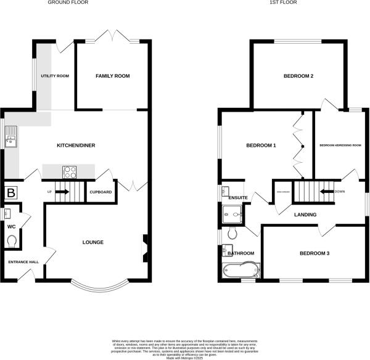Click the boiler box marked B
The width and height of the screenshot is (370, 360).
10,194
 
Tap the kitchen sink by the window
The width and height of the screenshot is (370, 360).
10,139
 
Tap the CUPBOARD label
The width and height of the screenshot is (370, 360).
101,192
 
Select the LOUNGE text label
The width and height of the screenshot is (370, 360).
92,242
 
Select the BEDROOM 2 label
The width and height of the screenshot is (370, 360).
298,76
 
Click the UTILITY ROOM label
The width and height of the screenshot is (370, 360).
55,76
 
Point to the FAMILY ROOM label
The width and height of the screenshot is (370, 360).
112,76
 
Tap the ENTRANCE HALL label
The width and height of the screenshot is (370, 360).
23,262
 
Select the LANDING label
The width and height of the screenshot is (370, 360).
305,215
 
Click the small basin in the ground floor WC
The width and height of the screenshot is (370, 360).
7,214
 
